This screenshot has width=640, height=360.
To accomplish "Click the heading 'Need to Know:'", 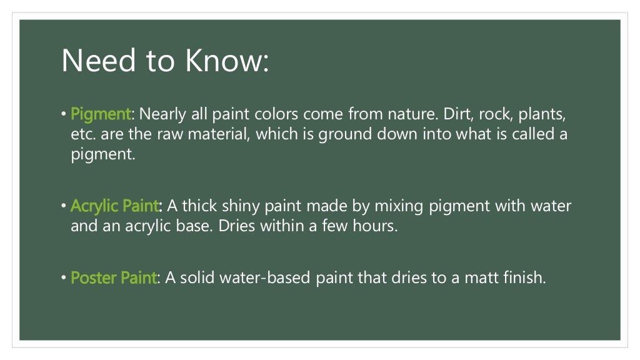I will pyautogui.click(x=165, y=61).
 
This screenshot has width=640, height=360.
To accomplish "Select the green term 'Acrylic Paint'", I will pyautogui.click(x=116, y=206).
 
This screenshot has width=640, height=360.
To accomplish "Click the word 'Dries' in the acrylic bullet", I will pyautogui.click(x=236, y=226).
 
